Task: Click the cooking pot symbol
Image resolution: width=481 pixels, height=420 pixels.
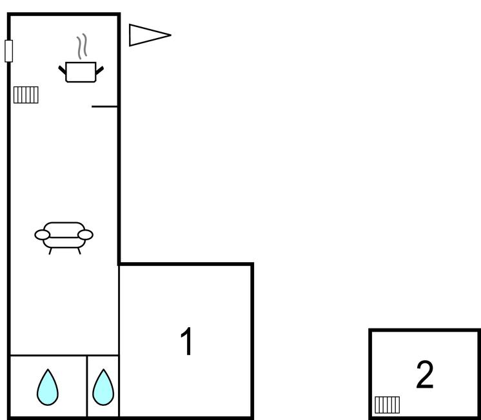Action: (81, 72)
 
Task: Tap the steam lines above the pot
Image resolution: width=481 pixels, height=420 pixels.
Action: (82, 47)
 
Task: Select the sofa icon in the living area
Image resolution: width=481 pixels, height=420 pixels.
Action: (64, 234)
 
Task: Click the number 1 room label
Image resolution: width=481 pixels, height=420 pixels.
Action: (186, 341)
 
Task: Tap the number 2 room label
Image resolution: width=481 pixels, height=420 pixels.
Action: (424, 375)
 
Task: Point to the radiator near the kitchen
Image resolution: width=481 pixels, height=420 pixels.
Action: (26, 95)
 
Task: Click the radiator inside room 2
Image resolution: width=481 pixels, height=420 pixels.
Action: (387, 405)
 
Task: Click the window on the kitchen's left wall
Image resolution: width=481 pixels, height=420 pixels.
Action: (8, 51)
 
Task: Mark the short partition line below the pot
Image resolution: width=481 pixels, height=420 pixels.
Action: (104, 106)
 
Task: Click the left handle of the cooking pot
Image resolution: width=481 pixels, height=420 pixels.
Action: (63, 69)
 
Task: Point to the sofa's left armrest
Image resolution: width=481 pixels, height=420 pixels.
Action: (41, 234)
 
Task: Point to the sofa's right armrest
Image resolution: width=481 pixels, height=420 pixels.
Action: (86, 234)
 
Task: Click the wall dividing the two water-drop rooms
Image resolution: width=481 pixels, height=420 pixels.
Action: (87, 385)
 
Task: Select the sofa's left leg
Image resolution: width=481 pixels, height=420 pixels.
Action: (50, 251)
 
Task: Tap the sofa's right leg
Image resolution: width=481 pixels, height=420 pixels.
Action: (79, 251)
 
